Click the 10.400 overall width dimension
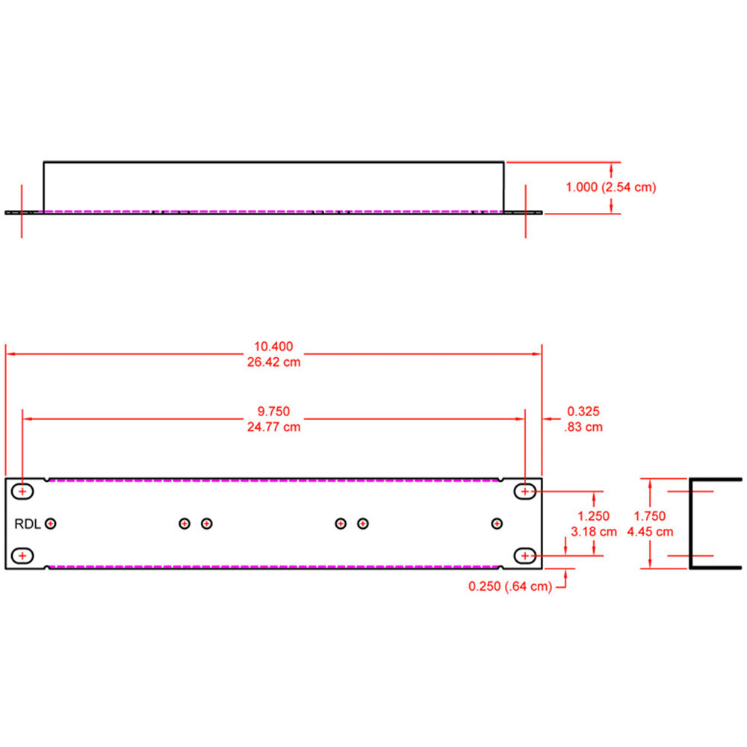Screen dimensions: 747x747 point(273,347)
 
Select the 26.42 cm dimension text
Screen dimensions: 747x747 point(273,362)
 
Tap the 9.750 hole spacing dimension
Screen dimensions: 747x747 point(273,411)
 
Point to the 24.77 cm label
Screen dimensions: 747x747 point(273,427)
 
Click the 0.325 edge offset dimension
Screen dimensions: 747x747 point(583,412)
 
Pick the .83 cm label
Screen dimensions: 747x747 point(583,427)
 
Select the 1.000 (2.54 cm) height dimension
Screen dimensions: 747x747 point(610,187)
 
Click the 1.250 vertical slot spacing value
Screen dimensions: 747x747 point(594,516)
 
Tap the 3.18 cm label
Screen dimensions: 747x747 point(594,532)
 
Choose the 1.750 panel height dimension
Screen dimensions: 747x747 point(650,516)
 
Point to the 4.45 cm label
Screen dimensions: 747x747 point(650,532)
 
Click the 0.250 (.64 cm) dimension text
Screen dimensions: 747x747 point(510,587)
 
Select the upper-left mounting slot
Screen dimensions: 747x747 point(24,492)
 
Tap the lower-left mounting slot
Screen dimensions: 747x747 point(24,556)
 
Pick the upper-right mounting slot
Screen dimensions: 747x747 point(525,492)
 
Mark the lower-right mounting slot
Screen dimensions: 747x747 point(525,556)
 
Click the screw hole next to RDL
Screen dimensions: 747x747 point(51,524)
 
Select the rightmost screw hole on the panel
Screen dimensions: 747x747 point(497,524)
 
